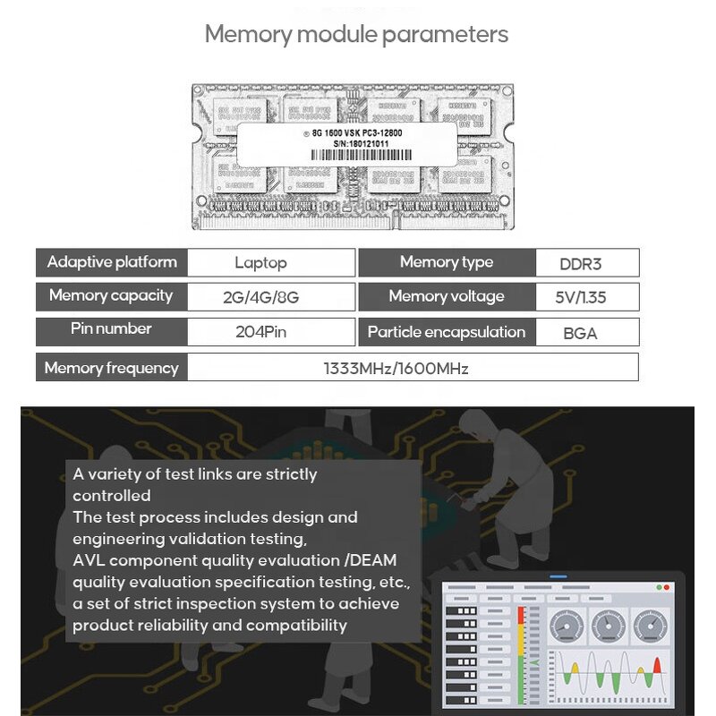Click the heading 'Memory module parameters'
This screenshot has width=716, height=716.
pyautogui.click(x=356, y=35)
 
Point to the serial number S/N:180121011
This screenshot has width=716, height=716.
pyautogui.click(x=354, y=143)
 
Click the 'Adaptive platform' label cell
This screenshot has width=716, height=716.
pyautogui.click(x=112, y=262)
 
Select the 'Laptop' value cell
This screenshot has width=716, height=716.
pyautogui.click(x=260, y=263)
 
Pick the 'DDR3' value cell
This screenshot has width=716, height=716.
pyautogui.click(x=586, y=263)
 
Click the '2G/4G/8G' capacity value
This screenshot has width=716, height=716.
pyautogui.click(x=260, y=297)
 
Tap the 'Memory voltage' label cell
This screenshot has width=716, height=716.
pyautogui.click(x=446, y=296)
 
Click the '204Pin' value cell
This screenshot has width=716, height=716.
pyautogui.click(x=260, y=332)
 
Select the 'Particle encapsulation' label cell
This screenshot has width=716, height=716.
pyautogui.click(x=446, y=332)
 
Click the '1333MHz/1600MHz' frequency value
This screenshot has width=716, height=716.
pyautogui.click(x=396, y=368)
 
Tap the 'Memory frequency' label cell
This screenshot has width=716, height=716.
pyautogui.click(x=111, y=368)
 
